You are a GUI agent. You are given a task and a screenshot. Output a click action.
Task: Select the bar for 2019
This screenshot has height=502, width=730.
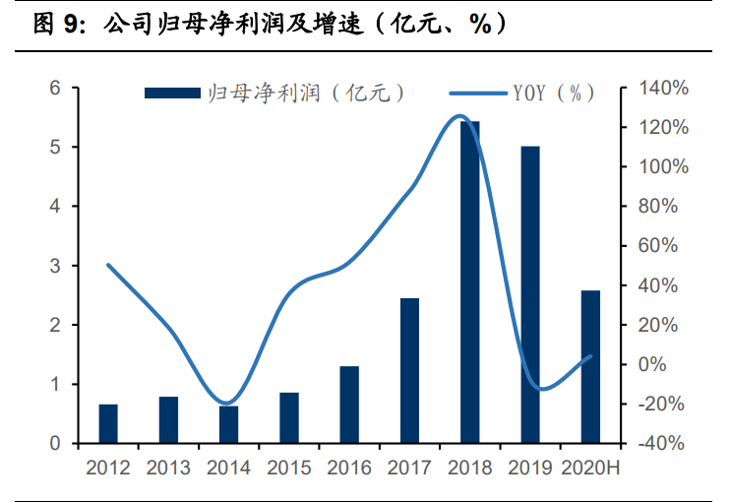[x=530, y=295]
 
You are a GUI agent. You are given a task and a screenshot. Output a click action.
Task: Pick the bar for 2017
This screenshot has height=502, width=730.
[x=409, y=370]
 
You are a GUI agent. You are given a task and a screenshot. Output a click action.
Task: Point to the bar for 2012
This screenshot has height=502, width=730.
[x=108, y=423]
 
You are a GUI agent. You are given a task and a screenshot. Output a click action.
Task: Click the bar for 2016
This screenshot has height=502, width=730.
[x=349, y=405]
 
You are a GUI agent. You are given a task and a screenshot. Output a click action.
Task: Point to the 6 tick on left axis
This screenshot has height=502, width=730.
[x=56, y=89]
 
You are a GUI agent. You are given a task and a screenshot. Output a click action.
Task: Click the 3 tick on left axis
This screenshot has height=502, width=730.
[x=56, y=266]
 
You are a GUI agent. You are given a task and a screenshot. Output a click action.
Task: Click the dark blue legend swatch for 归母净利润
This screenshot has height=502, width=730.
[x=172, y=93]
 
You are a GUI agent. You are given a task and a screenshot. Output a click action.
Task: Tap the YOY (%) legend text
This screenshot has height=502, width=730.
[x=554, y=93]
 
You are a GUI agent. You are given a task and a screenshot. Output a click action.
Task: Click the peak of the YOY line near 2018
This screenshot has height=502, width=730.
[x=458, y=116]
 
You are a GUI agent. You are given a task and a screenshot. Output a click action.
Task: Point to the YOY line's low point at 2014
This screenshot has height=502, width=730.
[x=226, y=403]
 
